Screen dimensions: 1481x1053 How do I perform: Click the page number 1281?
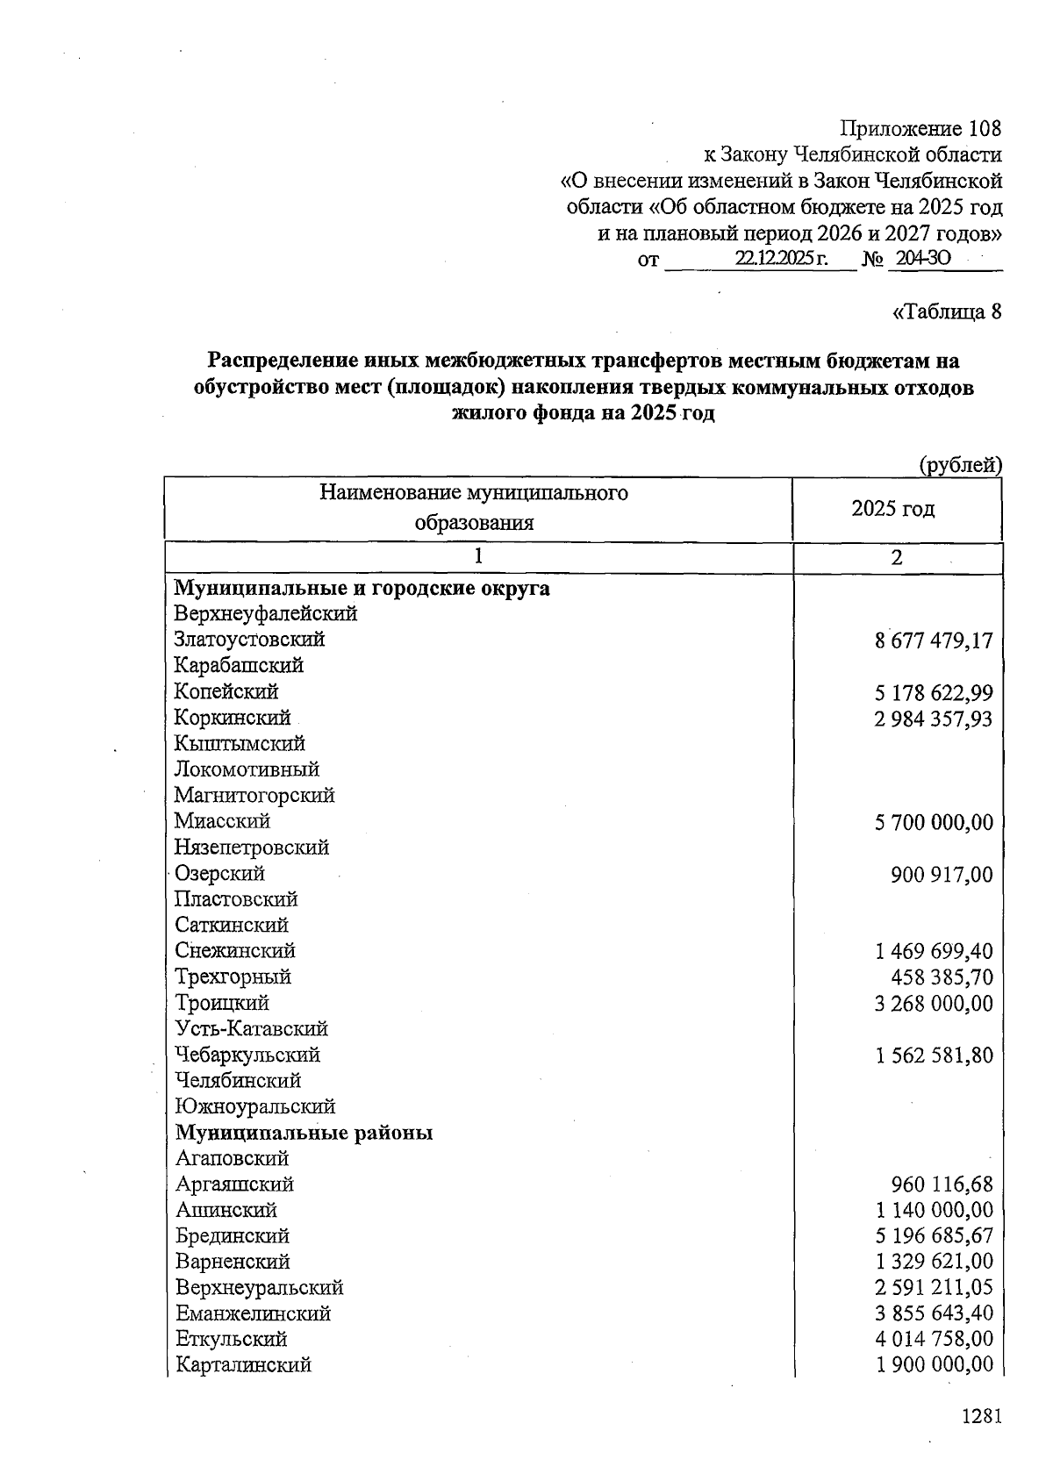point(981,1416)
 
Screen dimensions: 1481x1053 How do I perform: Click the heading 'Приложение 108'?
point(920,129)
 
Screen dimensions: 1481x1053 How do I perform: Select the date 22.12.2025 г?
point(782,260)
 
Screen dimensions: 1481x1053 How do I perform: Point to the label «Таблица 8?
point(946,311)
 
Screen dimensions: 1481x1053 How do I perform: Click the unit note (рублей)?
point(959,465)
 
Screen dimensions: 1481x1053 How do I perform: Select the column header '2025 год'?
point(893,509)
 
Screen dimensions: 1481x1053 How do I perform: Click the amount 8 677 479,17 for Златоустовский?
point(934,640)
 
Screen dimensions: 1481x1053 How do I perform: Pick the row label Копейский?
point(226,691)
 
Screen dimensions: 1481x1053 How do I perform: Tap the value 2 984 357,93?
point(934,719)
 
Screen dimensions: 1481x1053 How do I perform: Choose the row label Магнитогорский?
point(254,795)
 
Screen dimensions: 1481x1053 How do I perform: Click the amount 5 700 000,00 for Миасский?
point(934,822)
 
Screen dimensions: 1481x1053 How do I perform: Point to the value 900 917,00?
point(942,874)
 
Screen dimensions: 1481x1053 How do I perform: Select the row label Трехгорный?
point(233,977)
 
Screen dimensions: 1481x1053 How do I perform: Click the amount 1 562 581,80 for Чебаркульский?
point(934,1055)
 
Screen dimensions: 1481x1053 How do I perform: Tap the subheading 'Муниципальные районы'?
point(304,1133)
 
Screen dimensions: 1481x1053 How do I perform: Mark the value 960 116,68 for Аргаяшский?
point(942,1185)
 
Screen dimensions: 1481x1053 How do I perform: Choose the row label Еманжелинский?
point(253,1313)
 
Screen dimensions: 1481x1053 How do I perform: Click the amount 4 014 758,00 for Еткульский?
point(934,1340)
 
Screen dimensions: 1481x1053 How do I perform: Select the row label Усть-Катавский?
point(251,1028)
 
